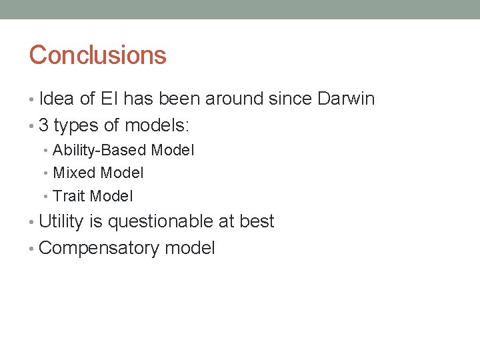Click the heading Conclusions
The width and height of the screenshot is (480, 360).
97,55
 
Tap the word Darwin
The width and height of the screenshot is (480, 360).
346,99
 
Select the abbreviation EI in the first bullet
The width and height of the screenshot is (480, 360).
109,99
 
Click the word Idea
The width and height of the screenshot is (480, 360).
57,99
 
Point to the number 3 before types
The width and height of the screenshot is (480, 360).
44,125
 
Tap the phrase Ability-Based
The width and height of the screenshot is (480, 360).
100,151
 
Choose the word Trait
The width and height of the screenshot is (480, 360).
69,196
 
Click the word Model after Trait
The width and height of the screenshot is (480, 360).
111,196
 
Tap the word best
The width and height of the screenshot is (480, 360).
257,221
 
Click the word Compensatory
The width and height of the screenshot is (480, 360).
99,249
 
